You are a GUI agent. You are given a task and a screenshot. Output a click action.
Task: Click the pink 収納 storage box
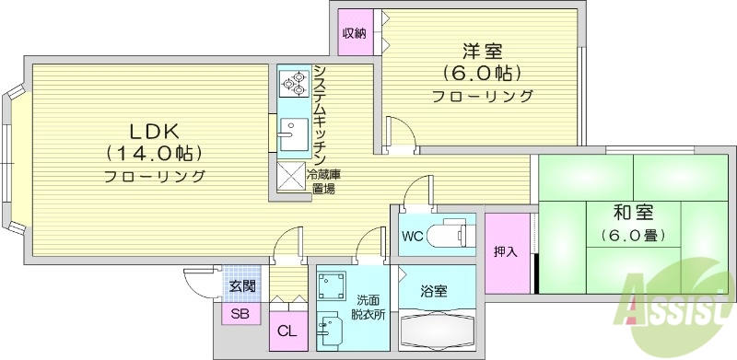(x=356, y=34)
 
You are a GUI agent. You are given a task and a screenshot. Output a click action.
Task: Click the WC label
(x=412, y=235)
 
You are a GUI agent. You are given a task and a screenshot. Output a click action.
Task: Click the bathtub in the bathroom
(x=436, y=330)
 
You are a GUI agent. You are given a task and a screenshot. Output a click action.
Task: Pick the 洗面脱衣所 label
(x=364, y=308)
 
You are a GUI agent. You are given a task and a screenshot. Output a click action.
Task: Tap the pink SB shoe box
(x=240, y=314)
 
